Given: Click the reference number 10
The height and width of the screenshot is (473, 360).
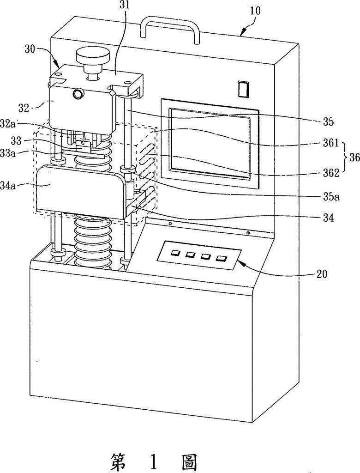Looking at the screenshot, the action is [255, 11].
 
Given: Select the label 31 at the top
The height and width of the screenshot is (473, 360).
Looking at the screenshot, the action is [124, 5].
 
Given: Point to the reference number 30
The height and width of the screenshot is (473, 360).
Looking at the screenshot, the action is [30, 49].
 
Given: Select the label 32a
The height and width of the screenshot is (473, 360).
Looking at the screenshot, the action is [8, 123].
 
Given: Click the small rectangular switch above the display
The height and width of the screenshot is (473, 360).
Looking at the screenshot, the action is [243, 89].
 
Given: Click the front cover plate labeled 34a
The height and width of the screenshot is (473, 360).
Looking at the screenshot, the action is [80, 191].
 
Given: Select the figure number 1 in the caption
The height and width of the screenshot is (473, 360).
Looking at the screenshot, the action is [154, 461].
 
